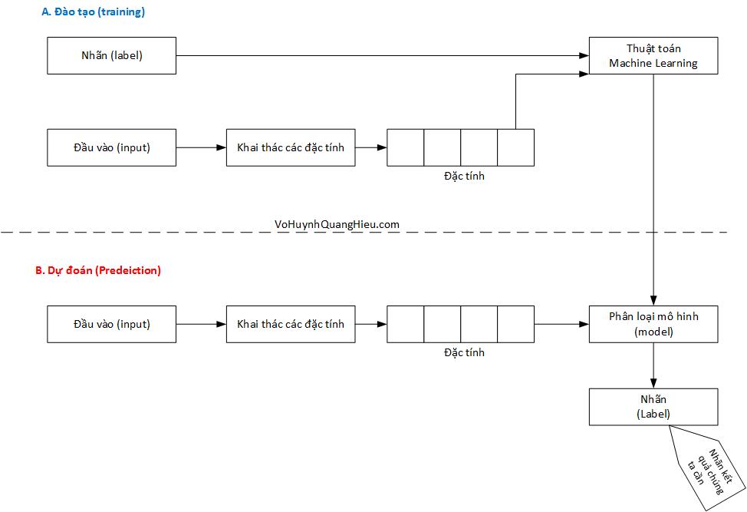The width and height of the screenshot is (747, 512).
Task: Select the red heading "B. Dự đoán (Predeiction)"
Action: click(x=98, y=270)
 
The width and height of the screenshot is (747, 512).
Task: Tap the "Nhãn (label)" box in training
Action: click(x=112, y=55)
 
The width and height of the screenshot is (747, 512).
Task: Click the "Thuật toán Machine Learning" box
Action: click(x=653, y=55)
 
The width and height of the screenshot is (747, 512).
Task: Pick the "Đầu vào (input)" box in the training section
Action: click(x=112, y=147)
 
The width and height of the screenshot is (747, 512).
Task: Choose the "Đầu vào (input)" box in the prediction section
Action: click(x=112, y=324)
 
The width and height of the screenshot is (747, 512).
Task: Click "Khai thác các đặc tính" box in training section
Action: click(x=291, y=147)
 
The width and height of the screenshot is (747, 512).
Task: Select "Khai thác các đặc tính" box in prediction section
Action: click(x=291, y=324)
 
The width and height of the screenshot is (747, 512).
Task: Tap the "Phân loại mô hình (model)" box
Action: click(x=653, y=324)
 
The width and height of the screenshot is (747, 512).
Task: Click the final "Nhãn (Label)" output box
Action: click(x=653, y=407)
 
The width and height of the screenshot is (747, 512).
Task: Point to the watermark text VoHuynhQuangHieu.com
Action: click(x=337, y=224)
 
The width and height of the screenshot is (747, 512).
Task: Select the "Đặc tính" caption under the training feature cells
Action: click(x=464, y=176)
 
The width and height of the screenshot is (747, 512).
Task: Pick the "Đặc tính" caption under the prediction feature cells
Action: click(x=464, y=352)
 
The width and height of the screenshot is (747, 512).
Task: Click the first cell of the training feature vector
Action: click(x=405, y=147)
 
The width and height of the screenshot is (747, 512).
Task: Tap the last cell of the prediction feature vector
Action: click(x=515, y=324)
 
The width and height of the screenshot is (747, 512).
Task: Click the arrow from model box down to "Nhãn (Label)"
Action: click(x=653, y=365)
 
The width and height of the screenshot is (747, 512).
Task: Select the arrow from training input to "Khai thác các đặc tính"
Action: click(x=201, y=147)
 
